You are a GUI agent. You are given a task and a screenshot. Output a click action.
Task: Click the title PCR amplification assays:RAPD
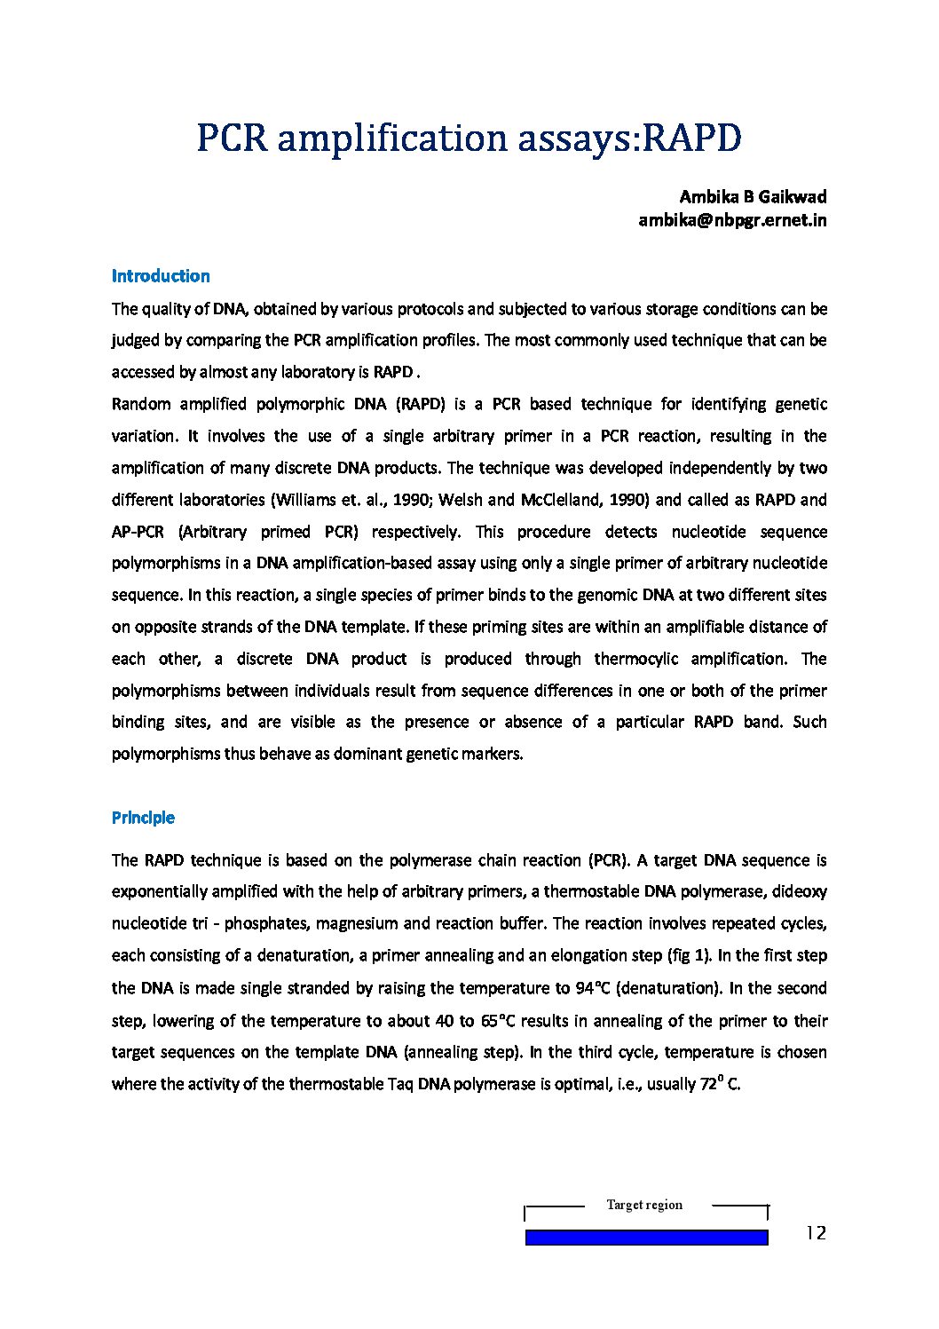(x=469, y=138)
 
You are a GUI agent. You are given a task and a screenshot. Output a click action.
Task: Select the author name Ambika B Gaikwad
(x=753, y=196)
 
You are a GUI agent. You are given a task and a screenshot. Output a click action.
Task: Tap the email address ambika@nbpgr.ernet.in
(x=732, y=220)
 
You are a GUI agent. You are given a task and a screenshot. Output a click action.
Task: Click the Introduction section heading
(x=161, y=276)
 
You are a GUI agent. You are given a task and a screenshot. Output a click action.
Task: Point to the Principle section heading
(x=143, y=818)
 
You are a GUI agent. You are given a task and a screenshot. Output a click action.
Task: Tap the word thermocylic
(x=635, y=659)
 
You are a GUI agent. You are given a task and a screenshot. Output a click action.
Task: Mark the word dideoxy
(x=799, y=891)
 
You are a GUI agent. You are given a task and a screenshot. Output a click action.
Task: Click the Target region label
(x=644, y=1205)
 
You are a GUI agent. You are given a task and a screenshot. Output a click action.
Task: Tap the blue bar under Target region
(x=646, y=1238)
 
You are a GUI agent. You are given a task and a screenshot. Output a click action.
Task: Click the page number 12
(x=816, y=1232)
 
